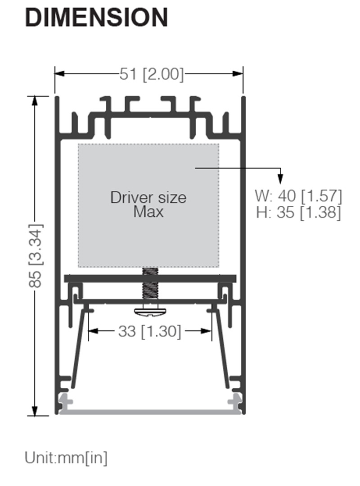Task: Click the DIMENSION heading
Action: coord(96,18)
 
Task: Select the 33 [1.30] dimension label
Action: coord(149,332)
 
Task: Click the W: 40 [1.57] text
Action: coord(298,196)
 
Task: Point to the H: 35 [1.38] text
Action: coord(298,212)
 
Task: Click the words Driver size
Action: coord(148,197)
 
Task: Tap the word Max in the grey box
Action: coord(148,211)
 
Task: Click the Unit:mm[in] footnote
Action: coord(66,458)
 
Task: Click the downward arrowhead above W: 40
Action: coord(280,179)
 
